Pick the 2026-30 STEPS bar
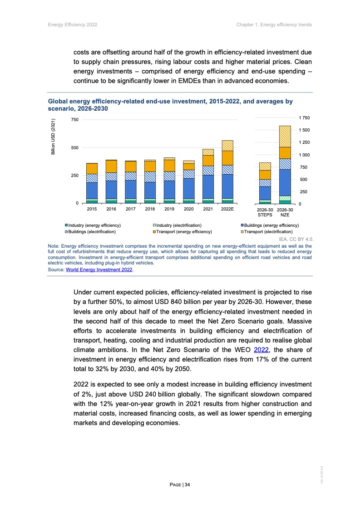(x=265, y=183)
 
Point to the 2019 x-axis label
(x=169, y=209)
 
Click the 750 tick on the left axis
(x=74, y=119)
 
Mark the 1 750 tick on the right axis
(x=304, y=117)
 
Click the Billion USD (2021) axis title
(x=53, y=137)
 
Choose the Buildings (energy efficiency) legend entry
(x=271, y=225)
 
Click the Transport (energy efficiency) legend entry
(x=182, y=231)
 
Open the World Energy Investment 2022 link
(x=99, y=269)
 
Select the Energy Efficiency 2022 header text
(x=73, y=24)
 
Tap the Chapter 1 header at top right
(x=274, y=24)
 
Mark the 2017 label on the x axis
(x=131, y=209)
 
